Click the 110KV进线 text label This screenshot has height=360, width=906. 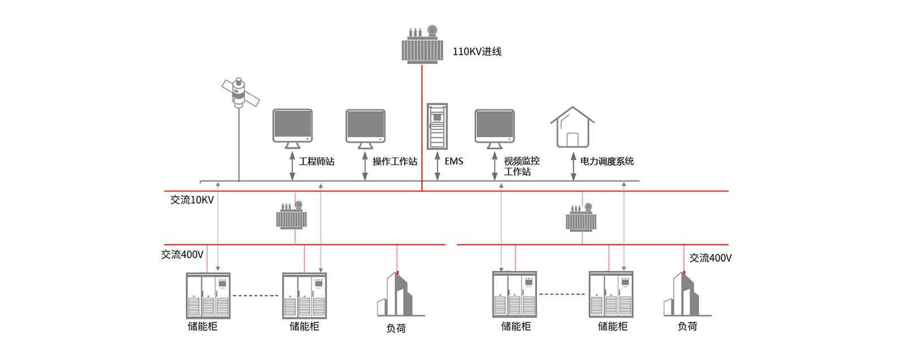tap(477, 52)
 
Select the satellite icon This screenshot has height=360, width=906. tap(240, 93)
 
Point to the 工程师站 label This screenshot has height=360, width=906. tap(317, 161)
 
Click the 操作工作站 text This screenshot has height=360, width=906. tap(395, 161)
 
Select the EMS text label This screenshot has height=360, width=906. tap(454, 161)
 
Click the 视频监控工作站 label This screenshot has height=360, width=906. tap(522, 166)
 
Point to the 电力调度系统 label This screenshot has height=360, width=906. tap(607, 161)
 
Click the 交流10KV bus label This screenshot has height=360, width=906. tap(192, 200)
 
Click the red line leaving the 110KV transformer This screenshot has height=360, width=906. tap(422, 125)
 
